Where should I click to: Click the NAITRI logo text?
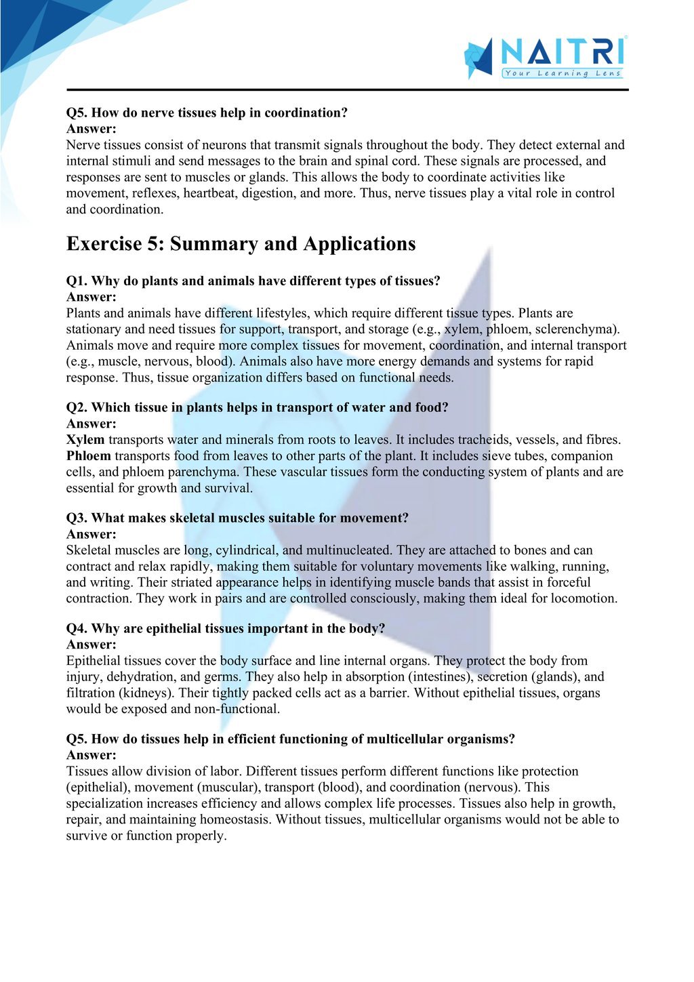click(562, 52)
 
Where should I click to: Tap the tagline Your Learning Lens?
click(562, 73)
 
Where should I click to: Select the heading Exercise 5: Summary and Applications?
click(241, 244)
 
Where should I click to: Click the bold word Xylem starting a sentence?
click(85, 440)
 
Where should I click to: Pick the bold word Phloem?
click(88, 456)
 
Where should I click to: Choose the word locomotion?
click(583, 598)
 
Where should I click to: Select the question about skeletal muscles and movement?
click(237, 518)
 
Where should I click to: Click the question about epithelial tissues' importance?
click(225, 629)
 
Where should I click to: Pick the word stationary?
click(94, 329)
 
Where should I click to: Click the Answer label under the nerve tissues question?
click(91, 129)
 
